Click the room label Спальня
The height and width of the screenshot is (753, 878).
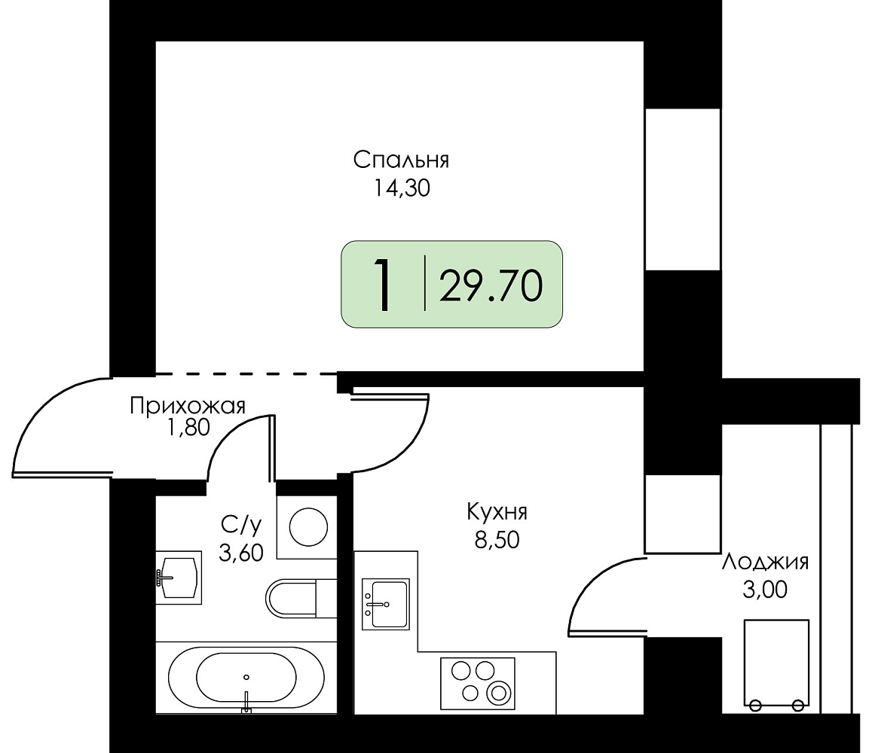coord(401,160)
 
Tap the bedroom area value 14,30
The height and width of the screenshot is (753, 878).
coord(402,188)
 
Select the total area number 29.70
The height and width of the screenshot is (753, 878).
coord(491,286)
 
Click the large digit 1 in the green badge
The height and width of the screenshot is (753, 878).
coord(384,285)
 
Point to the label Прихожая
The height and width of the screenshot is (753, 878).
coord(188,405)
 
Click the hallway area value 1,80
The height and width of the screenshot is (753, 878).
coord(188,428)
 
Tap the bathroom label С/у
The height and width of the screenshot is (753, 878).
coord(241,526)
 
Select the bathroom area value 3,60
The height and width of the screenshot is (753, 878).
coord(240,553)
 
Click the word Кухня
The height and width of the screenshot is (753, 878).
coord(497,512)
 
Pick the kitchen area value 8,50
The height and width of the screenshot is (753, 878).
coord(497,540)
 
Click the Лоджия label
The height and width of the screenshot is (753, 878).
coord(765,562)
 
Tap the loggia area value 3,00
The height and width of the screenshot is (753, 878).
coord(765,590)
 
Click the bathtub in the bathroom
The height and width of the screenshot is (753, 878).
coord(246,678)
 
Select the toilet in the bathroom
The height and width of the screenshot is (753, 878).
coord(301,599)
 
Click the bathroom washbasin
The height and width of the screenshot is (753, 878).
coord(178,578)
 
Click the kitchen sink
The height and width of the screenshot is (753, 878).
coord(386,604)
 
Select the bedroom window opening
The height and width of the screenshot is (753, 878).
coord(683,190)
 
